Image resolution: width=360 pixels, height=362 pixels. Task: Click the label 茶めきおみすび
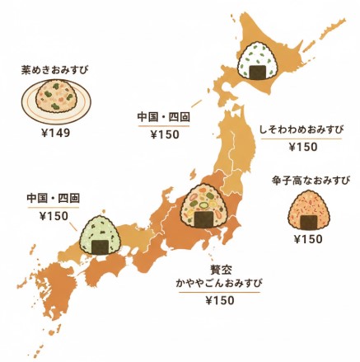coord(54,72)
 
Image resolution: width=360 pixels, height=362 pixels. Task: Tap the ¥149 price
coord(55,133)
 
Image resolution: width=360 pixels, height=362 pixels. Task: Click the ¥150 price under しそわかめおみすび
coord(302,147)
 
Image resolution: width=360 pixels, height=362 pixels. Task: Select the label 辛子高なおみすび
coord(310,180)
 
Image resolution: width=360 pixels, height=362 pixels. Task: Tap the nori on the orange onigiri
coord(308,223)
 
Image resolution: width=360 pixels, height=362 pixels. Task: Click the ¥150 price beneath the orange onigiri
coord(308,240)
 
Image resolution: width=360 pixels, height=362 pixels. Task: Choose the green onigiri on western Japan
coord(100,233)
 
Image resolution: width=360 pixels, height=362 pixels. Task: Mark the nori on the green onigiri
coord(100,245)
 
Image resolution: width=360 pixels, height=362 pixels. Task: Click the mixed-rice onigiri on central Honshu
coord(202,207)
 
